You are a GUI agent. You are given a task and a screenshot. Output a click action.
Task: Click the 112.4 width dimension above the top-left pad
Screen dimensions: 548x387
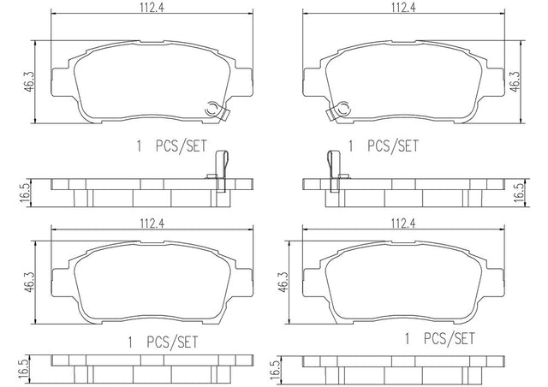[152, 8]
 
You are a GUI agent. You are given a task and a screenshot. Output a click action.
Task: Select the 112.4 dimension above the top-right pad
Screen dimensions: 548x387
[403, 8]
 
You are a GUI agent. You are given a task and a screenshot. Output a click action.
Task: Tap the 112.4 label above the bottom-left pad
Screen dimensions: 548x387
[152, 223]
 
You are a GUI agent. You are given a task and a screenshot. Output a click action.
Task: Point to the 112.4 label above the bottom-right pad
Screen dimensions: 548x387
[403, 223]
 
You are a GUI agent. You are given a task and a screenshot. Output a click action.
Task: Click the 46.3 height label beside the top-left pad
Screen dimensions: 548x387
[29, 82]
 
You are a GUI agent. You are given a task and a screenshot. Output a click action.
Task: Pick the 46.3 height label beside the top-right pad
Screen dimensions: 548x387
[515, 82]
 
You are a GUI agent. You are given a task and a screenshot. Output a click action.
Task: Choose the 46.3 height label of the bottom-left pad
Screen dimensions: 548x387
[29, 283]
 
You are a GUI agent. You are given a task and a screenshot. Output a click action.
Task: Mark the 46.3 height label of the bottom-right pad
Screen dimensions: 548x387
[283, 283]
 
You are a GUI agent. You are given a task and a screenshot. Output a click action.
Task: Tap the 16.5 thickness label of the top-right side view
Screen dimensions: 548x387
[520, 193]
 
